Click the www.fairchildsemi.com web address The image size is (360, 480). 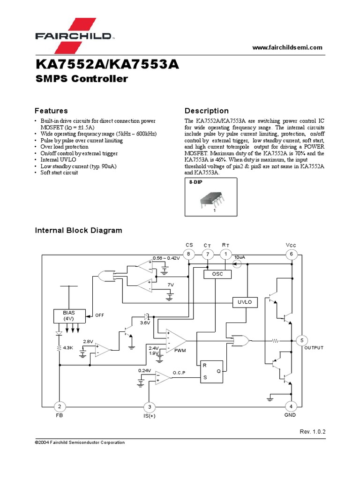point(287,47)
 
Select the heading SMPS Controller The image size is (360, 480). point(82,79)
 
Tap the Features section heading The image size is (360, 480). point(51,111)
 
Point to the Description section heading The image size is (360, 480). point(207,111)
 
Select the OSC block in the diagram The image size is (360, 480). point(217,274)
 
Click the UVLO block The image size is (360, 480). point(245,302)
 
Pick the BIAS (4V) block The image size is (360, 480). point(68,315)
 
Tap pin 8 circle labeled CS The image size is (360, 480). point(188,254)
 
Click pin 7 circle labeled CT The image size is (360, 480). point(208,254)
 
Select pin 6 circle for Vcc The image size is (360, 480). point(291,254)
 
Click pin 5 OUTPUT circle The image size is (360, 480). point(302,340)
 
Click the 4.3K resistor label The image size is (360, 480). point(68,348)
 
